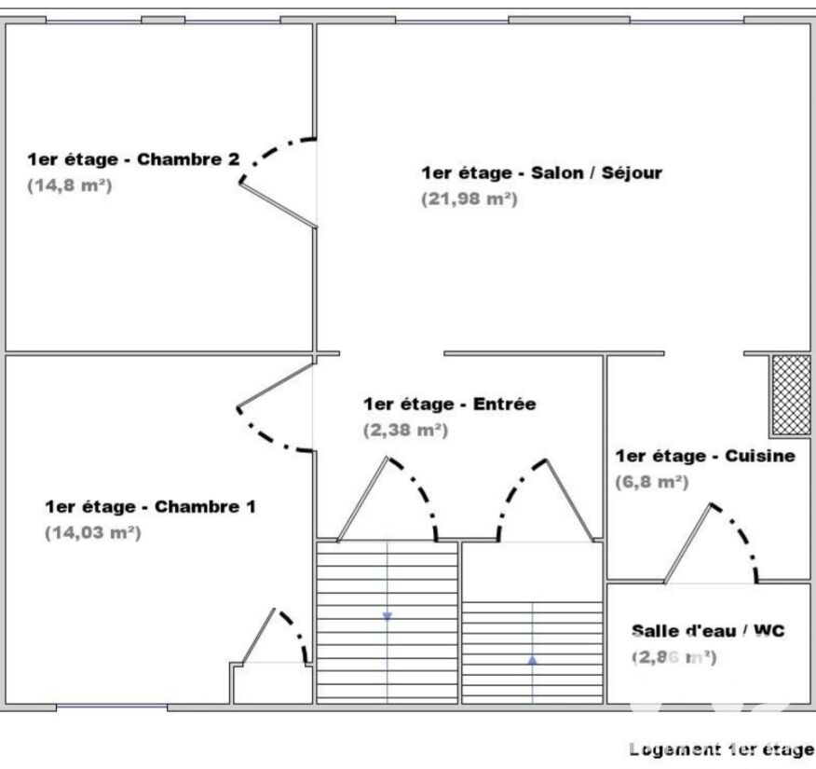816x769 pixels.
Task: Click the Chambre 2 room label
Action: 134,159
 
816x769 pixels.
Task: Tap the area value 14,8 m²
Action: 70,185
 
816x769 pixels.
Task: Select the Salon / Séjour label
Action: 542,172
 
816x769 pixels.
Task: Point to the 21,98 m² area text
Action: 469,199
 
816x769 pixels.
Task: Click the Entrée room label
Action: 450,404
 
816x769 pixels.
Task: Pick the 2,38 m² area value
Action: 405,430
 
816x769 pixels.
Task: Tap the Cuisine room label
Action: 706,456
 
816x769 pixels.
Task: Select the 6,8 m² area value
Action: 652,482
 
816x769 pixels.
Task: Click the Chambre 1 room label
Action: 150,506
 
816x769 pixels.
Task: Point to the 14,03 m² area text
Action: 93,532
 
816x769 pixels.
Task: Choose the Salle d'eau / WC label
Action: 708,631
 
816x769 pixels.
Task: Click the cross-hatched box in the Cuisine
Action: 791,395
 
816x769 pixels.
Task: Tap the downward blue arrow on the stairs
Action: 388,616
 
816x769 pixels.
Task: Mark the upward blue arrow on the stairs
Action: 533,660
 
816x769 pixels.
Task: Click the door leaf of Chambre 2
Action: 278,205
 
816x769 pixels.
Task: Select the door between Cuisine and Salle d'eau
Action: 687,543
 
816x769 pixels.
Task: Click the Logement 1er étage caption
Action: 722,749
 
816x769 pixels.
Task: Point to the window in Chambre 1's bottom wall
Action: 112,707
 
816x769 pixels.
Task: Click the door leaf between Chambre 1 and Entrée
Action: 275,385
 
